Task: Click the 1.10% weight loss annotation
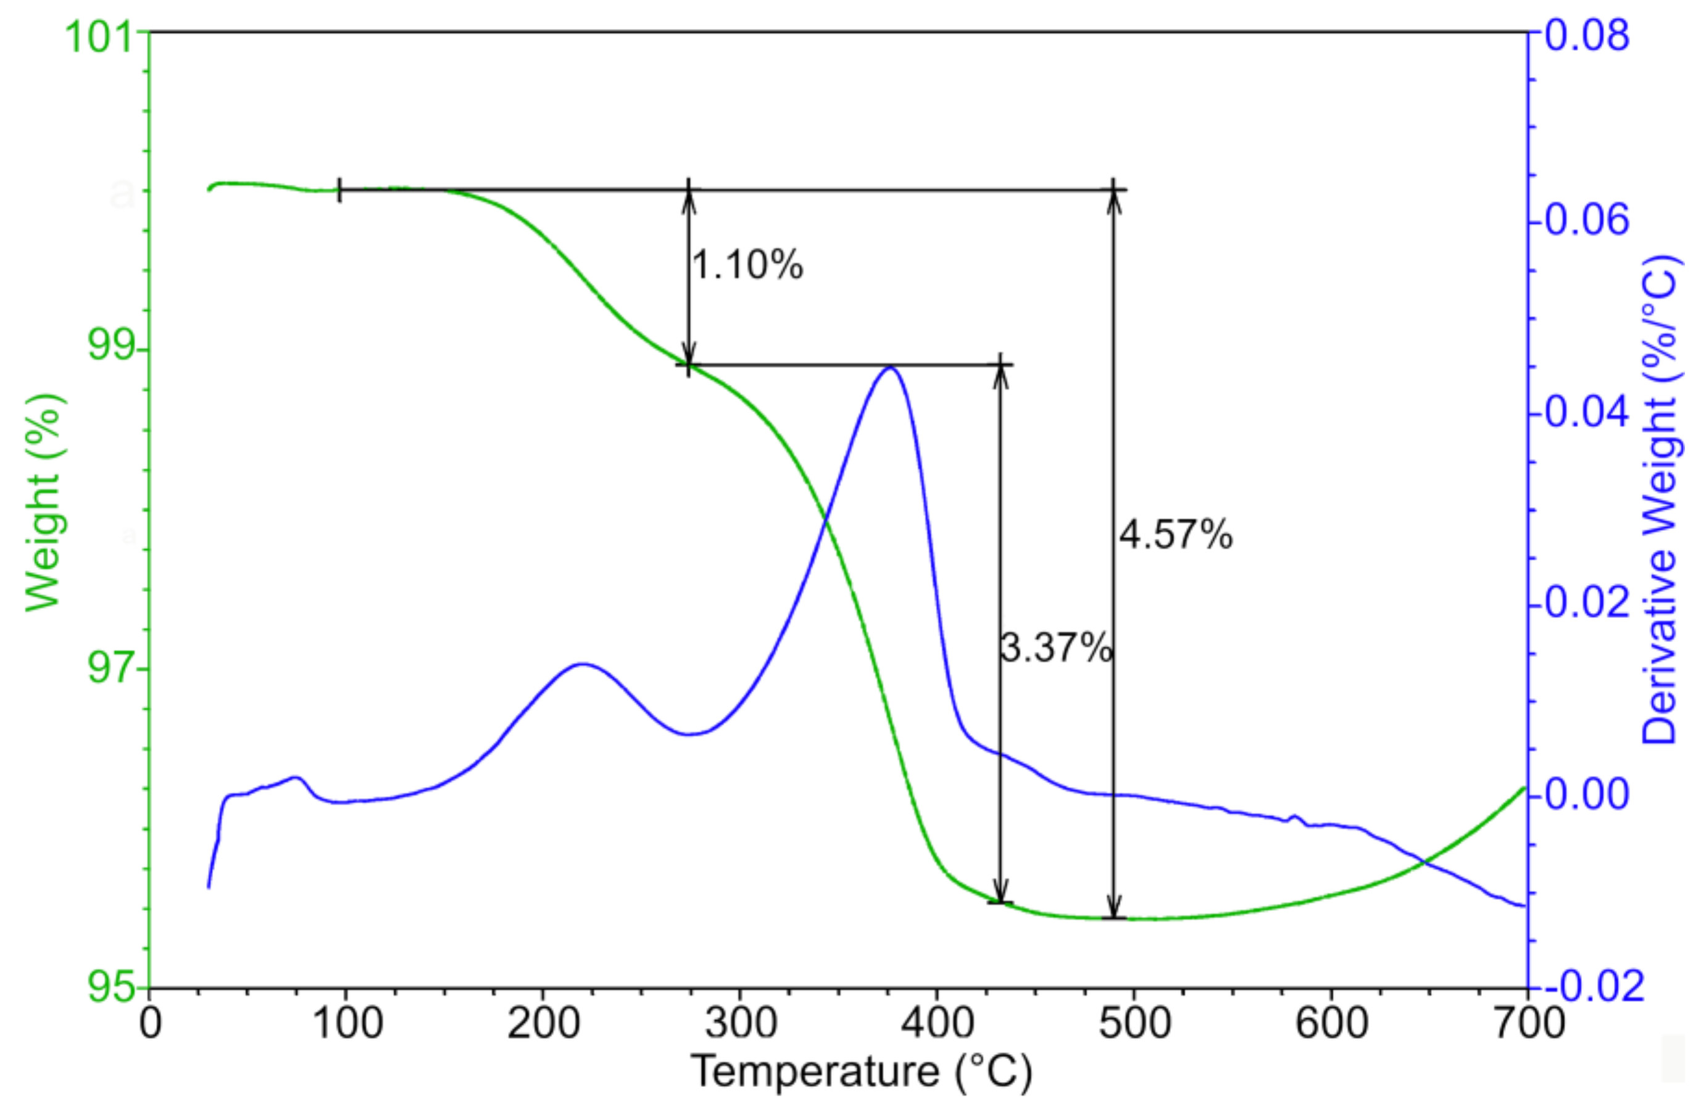point(747,265)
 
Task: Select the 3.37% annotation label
point(1056,649)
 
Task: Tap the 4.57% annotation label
point(1176,534)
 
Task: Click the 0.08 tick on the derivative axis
point(1587,35)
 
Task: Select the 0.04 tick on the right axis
point(1587,413)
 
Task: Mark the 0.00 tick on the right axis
point(1587,794)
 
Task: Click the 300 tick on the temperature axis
point(740,1024)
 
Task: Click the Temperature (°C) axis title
point(861,1071)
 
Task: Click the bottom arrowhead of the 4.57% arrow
point(1113,909)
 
